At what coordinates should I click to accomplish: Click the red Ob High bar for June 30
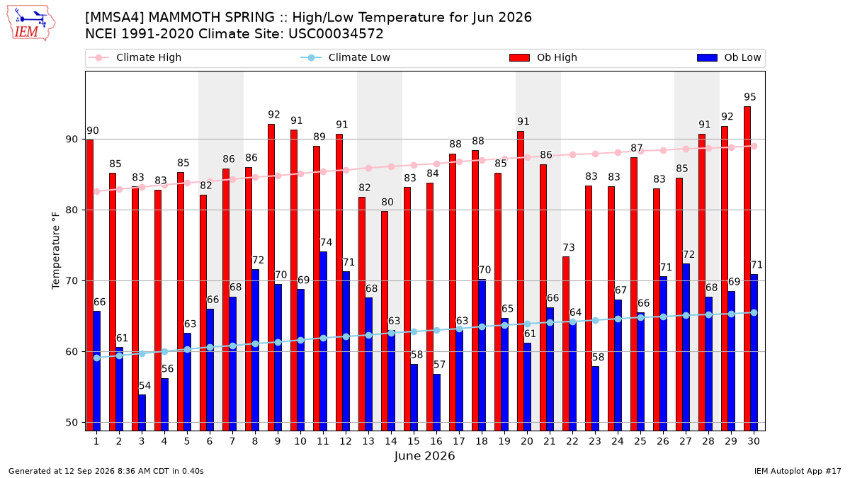pyautogui.click(x=747, y=268)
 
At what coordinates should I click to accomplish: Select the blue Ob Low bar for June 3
pyautogui.click(x=142, y=413)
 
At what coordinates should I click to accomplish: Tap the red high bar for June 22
pyautogui.click(x=566, y=343)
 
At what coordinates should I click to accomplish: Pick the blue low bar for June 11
pyautogui.click(x=323, y=341)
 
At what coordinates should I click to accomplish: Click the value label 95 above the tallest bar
pyautogui.click(x=750, y=97)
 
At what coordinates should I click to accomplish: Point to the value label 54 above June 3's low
pyautogui.click(x=144, y=386)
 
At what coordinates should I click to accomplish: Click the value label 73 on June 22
pyautogui.click(x=568, y=248)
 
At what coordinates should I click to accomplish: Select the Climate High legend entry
pyautogui.click(x=135, y=57)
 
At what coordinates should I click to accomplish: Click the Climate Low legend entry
pyautogui.click(x=345, y=57)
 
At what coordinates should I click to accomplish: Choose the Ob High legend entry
pyautogui.click(x=543, y=57)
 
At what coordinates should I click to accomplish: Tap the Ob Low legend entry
pyautogui.click(x=729, y=57)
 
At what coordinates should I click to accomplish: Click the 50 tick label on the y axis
pyautogui.click(x=72, y=423)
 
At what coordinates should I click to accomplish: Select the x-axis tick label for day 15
pyautogui.click(x=414, y=441)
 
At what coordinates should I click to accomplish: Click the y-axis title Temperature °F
pyautogui.click(x=56, y=251)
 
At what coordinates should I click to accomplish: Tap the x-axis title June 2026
pyautogui.click(x=424, y=455)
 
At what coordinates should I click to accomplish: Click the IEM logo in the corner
pyautogui.click(x=31, y=23)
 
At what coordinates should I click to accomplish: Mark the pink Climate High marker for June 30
pyautogui.click(x=754, y=147)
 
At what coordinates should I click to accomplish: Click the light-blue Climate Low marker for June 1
pyautogui.click(x=97, y=358)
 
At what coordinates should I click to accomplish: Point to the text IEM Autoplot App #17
pyautogui.click(x=798, y=471)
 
